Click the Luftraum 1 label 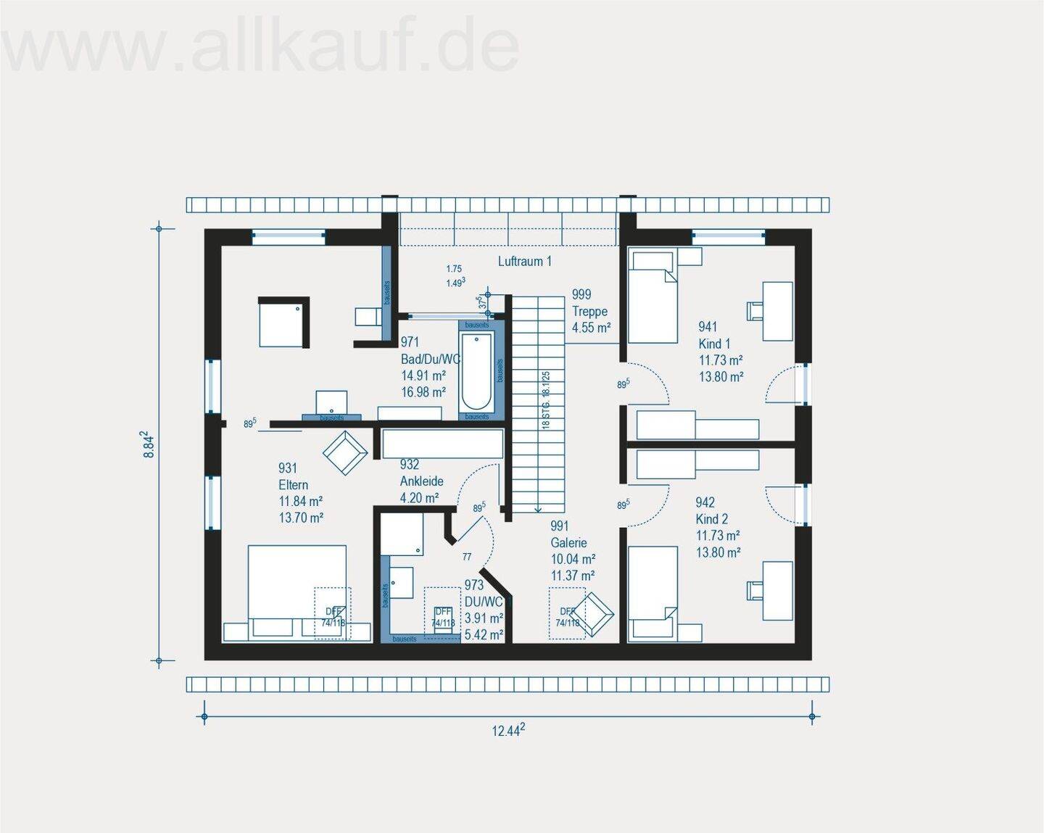pos(524,261)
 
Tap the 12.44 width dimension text pos(508,731)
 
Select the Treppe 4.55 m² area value pos(591,328)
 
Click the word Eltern pos(293,485)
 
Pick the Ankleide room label pos(421,481)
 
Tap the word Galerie pos(568,543)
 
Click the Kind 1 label pos(714,344)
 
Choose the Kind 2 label pos(711,519)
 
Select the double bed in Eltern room pos(297,591)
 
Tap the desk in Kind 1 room pos(777,311)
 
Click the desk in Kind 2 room pos(777,590)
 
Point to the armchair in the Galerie pos(596,614)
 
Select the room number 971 pos(410,342)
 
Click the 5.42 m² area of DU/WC pos(484,635)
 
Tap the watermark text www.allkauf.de pos(261,46)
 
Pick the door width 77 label pos(467,557)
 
